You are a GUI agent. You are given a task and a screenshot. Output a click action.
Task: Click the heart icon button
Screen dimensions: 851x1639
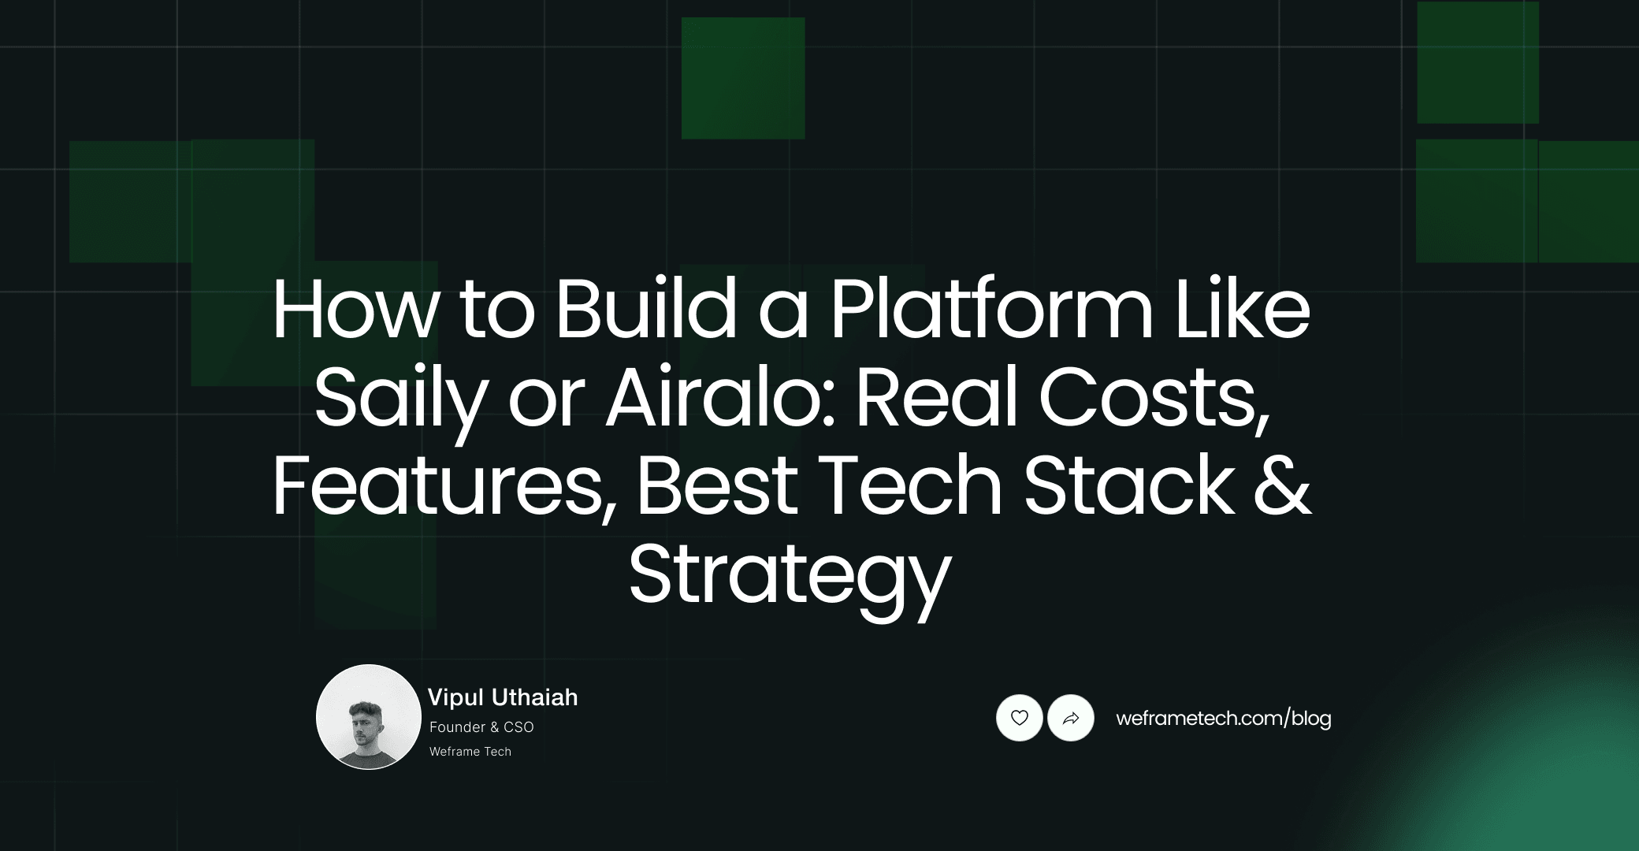pyautogui.click(x=1019, y=718)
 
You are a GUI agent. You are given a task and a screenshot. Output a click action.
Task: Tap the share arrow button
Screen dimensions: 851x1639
pyautogui.click(x=1071, y=718)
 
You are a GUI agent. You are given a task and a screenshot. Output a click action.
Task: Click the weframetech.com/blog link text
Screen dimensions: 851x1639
pyautogui.click(x=1223, y=718)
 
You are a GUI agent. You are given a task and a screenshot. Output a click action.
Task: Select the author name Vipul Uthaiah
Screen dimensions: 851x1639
pyautogui.click(x=503, y=697)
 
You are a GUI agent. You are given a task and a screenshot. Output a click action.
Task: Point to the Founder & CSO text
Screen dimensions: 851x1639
pyautogui.click(x=481, y=727)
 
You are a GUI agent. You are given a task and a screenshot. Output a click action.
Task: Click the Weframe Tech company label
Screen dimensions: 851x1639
pyautogui.click(x=470, y=752)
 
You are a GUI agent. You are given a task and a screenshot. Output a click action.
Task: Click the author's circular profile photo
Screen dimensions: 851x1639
pyautogui.click(x=368, y=717)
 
